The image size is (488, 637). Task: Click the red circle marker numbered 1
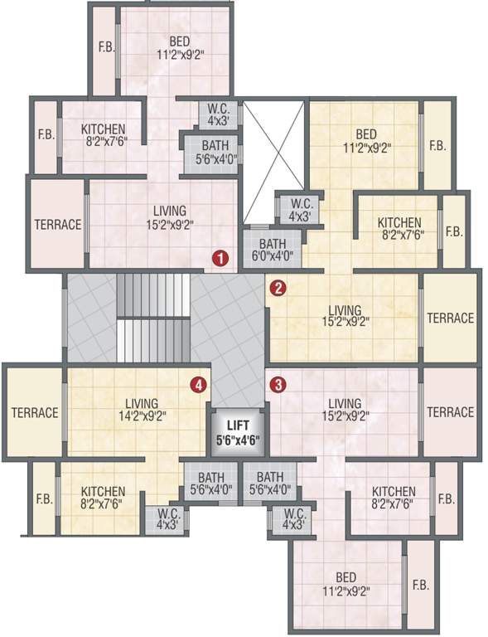[220, 258]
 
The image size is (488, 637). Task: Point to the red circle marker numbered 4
[198, 384]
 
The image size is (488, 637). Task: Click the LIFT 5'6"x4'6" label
[239, 431]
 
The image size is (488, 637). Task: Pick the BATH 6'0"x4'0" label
[273, 250]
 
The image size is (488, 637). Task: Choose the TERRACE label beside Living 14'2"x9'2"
[35, 412]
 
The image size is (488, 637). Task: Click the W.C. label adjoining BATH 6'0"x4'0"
[294, 211]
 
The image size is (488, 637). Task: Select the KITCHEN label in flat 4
[104, 497]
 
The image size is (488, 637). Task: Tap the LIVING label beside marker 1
[169, 217]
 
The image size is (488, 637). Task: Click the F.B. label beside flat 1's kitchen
[46, 135]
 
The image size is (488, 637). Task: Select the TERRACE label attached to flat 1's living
[57, 224]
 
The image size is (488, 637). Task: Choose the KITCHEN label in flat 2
[399, 228]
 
